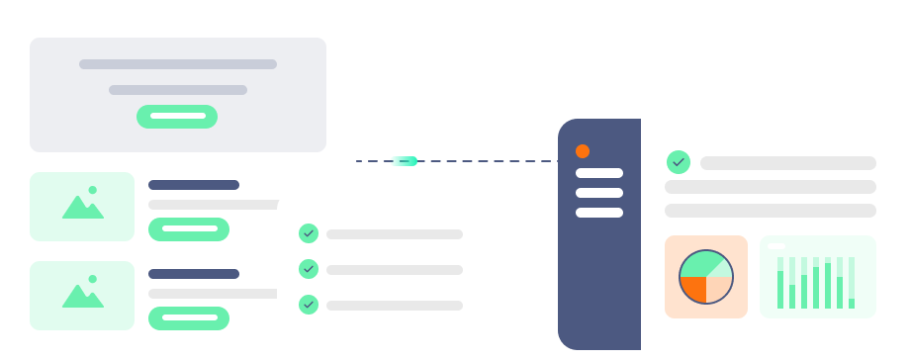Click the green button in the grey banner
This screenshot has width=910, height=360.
point(177,117)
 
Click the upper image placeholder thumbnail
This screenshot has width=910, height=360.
point(82,207)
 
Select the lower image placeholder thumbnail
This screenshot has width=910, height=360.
point(82,296)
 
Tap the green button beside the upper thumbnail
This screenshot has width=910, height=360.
point(189,229)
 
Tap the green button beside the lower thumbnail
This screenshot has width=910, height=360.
point(189,318)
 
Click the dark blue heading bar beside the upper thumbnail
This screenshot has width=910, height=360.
point(194,185)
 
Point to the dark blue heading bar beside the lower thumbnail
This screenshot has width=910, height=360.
point(194,274)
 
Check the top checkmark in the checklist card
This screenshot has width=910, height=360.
point(309,233)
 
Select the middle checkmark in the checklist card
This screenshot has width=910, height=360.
point(309,269)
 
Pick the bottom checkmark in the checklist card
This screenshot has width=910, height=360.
point(309,305)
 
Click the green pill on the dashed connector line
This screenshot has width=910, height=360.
point(404,161)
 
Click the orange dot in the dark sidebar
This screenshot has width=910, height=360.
point(583,151)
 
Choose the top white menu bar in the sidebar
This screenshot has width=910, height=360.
point(599,174)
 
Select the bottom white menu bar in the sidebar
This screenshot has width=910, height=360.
point(599,212)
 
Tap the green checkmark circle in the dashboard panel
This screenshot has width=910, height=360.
point(678,161)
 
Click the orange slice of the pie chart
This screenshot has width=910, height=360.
point(694,288)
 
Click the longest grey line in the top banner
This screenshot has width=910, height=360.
point(178,64)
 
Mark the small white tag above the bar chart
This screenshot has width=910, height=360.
point(775,246)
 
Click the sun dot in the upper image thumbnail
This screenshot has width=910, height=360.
point(93,189)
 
